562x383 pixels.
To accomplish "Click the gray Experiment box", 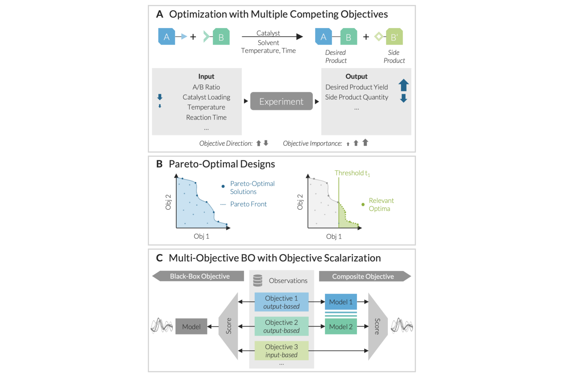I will point(281,101).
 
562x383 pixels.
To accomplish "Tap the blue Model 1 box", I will point(340,302).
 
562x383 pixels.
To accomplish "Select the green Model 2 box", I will point(340,326).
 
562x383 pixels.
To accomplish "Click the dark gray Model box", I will point(191,326).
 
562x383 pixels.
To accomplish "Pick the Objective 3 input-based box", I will point(281,351).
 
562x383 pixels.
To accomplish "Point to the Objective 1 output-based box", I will point(281,302).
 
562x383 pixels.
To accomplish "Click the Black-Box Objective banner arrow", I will point(199,276).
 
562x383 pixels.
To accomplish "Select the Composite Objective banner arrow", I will point(364,276).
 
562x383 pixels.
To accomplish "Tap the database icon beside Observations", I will point(258,280).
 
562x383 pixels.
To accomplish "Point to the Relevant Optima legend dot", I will point(363,204).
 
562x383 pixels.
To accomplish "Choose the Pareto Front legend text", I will point(248,204).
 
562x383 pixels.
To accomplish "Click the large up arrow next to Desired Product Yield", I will point(403,85).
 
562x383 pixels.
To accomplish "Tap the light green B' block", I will point(394,37).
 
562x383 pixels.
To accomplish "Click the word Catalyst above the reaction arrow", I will point(268,33).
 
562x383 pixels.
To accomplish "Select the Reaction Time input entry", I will point(206,117).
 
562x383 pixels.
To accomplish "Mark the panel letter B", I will point(159,164).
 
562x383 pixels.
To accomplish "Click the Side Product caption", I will point(394,57).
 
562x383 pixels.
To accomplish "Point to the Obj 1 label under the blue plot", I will point(201,236).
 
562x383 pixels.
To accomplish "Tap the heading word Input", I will point(206,77).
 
